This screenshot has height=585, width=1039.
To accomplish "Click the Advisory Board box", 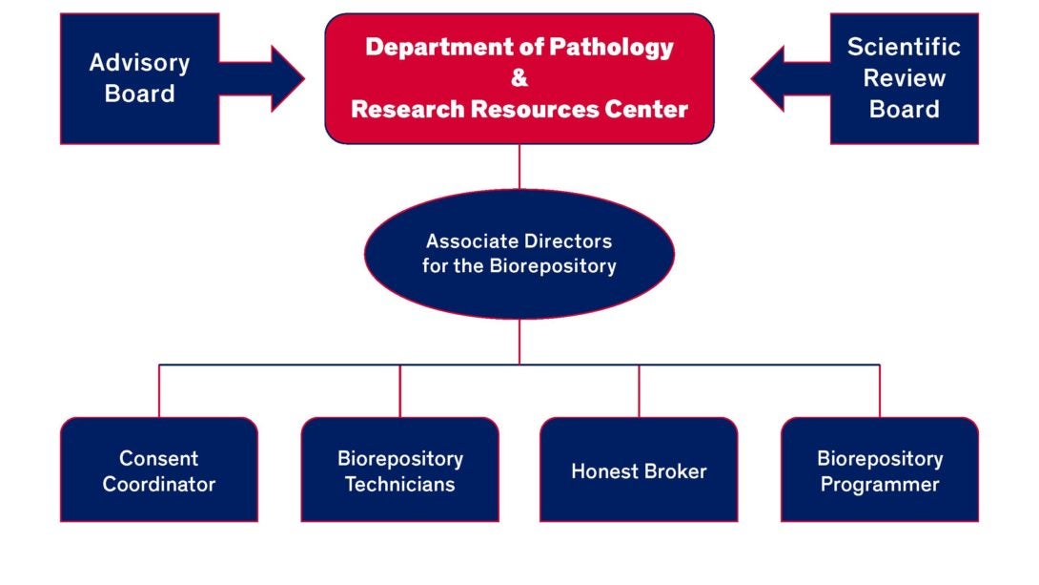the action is click(x=140, y=78).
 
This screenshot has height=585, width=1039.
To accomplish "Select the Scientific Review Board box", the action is click(x=904, y=78).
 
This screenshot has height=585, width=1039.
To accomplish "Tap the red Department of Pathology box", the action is click(x=519, y=78).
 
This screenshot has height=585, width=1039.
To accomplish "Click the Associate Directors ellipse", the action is click(x=519, y=254).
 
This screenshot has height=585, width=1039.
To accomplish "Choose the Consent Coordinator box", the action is click(x=159, y=470).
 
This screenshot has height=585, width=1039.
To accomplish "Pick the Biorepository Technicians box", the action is click(x=399, y=470).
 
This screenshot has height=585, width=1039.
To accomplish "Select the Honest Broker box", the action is click(x=639, y=470).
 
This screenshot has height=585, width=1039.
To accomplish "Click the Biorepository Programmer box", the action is click(x=879, y=470).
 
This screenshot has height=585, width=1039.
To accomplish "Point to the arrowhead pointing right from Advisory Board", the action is click(x=288, y=79).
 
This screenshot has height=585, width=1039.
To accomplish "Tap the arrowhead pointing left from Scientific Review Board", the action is click(x=767, y=78).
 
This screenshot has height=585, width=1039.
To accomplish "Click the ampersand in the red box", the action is click(x=519, y=78).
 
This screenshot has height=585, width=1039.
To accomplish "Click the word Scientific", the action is click(x=904, y=47).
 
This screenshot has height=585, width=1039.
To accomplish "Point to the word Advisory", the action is click(x=140, y=64).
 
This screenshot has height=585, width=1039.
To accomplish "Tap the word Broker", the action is click(x=675, y=470).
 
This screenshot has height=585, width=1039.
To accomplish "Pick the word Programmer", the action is click(x=879, y=485).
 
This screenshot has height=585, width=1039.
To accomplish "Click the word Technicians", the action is click(x=399, y=484).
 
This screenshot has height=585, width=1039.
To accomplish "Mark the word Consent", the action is click(x=159, y=458).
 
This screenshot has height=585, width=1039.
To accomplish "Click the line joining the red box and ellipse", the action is click(x=519, y=166).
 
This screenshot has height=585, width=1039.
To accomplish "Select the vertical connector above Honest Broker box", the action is click(x=639, y=390).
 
